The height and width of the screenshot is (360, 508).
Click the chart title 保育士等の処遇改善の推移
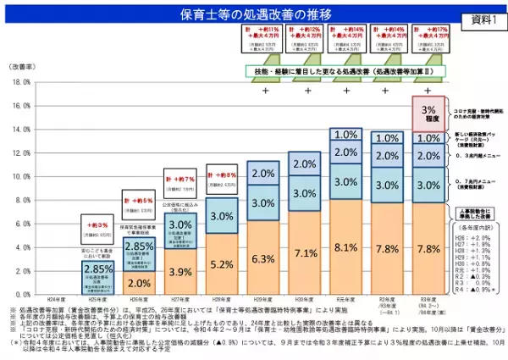253,14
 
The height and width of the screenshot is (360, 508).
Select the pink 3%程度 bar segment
429,114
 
